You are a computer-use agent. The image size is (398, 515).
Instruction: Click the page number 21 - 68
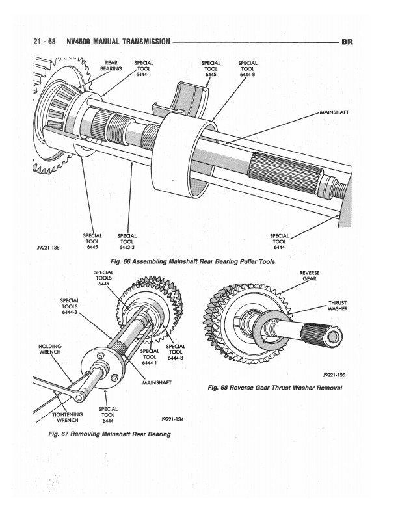click(44, 42)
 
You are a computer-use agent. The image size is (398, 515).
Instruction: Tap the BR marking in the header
click(347, 42)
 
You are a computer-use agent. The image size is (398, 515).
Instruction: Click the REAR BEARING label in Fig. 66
click(111, 66)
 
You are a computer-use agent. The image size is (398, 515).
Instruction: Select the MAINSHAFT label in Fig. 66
click(334, 112)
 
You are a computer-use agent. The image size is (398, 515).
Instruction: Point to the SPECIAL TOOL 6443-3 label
click(127, 241)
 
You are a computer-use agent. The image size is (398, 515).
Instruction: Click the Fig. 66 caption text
click(192, 262)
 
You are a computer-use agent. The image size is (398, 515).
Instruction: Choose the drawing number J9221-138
click(48, 248)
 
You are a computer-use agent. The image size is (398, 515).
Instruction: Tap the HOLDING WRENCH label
click(50, 349)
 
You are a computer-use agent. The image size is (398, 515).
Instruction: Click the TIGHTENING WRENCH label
click(68, 417)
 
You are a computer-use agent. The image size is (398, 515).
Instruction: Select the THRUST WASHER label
click(338, 306)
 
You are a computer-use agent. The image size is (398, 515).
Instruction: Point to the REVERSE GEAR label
click(310, 276)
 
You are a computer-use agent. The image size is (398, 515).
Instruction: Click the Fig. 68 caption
click(275, 388)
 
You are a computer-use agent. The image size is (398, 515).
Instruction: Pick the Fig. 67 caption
click(110, 434)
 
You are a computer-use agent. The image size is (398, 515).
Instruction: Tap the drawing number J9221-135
click(334, 375)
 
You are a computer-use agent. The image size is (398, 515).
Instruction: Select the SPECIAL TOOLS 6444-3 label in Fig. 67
click(70, 306)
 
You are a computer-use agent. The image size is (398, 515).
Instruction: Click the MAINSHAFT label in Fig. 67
click(157, 382)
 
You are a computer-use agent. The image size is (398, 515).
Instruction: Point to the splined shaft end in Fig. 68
click(323, 335)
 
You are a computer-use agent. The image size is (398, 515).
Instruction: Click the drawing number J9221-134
click(172, 419)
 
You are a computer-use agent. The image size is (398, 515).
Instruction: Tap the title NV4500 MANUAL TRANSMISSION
click(118, 42)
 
